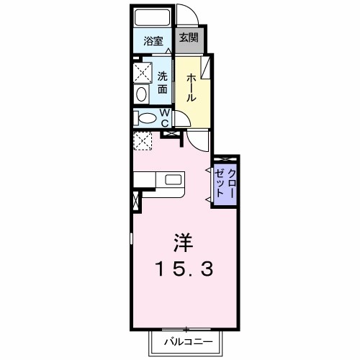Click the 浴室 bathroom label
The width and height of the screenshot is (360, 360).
coord(153,41)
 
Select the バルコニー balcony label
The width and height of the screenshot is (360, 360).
coord(184,341)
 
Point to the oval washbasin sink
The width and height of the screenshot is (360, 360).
coord(141,94)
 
